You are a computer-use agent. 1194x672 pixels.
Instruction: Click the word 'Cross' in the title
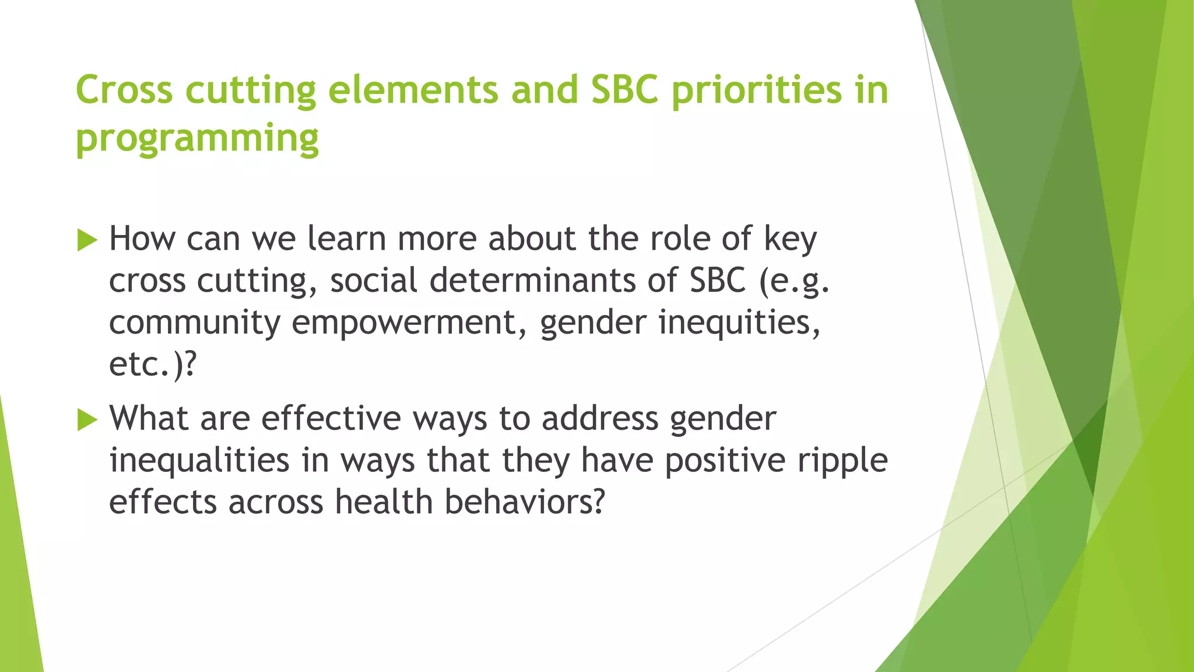(x=124, y=90)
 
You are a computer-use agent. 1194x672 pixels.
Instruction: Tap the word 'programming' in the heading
(x=197, y=138)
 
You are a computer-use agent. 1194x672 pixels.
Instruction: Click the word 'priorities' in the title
(x=757, y=90)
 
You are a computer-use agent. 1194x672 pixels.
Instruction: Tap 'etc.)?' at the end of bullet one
(x=153, y=365)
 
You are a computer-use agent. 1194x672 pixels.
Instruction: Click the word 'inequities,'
(x=739, y=323)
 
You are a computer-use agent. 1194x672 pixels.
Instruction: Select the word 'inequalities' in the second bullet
(x=199, y=460)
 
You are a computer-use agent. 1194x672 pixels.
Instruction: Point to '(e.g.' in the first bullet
(x=793, y=281)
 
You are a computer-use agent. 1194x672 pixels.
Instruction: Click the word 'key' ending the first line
(x=790, y=239)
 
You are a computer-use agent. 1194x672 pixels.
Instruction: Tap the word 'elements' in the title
(x=413, y=90)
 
